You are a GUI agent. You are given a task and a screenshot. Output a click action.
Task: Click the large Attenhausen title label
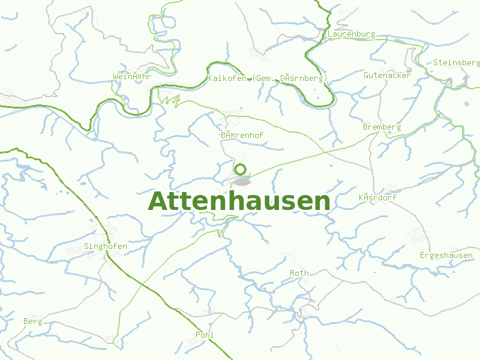pyautogui.click(x=239, y=202)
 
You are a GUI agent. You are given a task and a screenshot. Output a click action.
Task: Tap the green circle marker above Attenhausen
pyautogui.click(x=241, y=169)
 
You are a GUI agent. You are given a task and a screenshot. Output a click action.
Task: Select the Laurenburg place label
pyautogui.click(x=351, y=34)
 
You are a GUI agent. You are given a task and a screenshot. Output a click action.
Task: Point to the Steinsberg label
pyautogui.click(x=456, y=62)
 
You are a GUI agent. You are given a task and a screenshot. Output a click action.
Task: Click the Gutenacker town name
pyautogui.click(x=387, y=76)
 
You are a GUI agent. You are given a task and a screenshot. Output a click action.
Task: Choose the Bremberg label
pyautogui.click(x=382, y=127)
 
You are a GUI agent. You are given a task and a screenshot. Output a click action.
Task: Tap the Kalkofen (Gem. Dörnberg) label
pyautogui.click(x=267, y=79)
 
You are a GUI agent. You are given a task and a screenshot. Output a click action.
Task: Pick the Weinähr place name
pyautogui.click(x=131, y=76)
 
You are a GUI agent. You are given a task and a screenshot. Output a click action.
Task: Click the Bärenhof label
pyautogui.click(x=241, y=136)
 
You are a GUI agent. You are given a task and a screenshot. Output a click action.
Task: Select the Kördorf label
pyautogui.click(x=377, y=197)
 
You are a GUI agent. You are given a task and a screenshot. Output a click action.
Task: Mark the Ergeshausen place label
pyautogui.click(x=446, y=256)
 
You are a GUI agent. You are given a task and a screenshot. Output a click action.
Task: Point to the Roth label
pyautogui.click(x=299, y=273)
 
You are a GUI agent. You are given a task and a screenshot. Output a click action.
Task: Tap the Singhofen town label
pyautogui.click(x=106, y=247)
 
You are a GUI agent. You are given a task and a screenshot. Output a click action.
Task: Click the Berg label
pyautogui.click(x=32, y=322)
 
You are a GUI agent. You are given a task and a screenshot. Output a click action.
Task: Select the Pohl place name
pyautogui.click(x=204, y=335)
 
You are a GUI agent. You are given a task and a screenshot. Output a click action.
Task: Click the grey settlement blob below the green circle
pyautogui.click(x=241, y=182)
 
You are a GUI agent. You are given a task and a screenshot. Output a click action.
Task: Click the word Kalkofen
pyautogui.click(x=226, y=79)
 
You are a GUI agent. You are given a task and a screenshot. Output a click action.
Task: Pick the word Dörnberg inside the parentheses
pyautogui.click(x=302, y=79)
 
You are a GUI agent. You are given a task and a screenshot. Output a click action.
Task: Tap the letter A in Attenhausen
pyautogui.click(x=158, y=202)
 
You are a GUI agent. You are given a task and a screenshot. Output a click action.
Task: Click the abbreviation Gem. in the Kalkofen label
pyautogui.click(x=266, y=79)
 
